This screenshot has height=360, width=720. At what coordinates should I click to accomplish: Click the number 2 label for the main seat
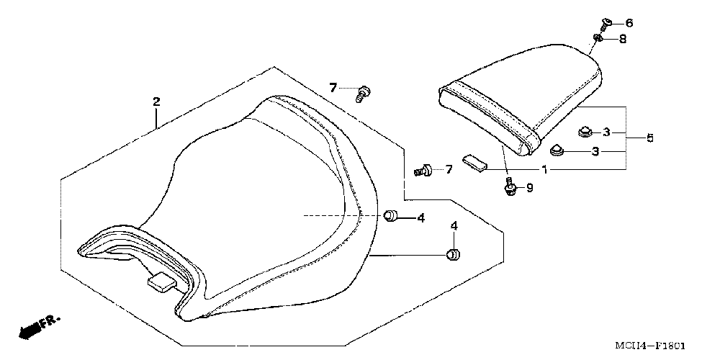[156, 102]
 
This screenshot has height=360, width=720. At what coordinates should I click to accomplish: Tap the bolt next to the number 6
[605, 23]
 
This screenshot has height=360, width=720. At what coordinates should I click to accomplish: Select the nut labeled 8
[598, 38]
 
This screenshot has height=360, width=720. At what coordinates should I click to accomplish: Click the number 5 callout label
[649, 137]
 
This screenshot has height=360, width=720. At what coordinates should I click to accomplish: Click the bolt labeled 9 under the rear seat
[510, 189]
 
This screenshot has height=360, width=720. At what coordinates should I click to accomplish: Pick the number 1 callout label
[545, 170]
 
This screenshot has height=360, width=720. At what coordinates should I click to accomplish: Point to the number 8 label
[622, 39]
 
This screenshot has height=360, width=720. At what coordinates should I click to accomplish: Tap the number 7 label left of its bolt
[333, 88]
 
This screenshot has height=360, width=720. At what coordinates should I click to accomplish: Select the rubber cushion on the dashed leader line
[390, 215]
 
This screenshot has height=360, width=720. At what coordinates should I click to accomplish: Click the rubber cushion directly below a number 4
[454, 254]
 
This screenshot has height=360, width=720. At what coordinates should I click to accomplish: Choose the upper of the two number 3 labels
[606, 132]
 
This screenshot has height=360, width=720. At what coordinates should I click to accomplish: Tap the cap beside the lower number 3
[556, 151]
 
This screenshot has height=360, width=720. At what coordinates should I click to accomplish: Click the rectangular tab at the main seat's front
[161, 282]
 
